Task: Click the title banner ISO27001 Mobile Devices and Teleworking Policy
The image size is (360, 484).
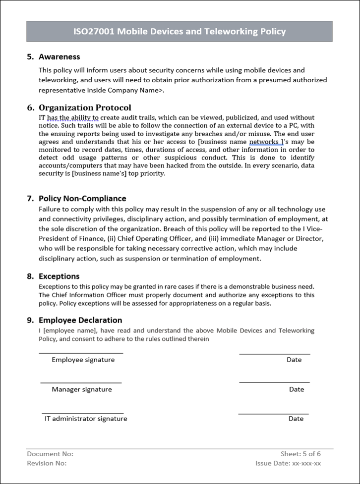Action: point(180,32)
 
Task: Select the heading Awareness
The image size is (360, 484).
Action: point(59,56)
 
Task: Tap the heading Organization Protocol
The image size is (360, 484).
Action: point(85,108)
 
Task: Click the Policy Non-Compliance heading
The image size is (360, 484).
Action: point(82,198)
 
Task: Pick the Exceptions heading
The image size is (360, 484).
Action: point(59,276)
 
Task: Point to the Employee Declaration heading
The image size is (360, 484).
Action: point(80,320)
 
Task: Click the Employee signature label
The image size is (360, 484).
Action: point(83,360)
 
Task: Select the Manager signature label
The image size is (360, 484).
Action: point(82,389)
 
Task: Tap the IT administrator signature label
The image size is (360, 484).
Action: point(86,419)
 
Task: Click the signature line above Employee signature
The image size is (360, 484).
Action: point(81,353)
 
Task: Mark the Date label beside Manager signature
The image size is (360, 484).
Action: point(297,389)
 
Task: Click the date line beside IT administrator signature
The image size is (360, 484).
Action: point(273,414)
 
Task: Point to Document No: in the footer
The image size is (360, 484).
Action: point(50,454)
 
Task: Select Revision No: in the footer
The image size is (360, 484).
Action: point(47,463)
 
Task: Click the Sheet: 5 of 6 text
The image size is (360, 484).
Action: point(300,454)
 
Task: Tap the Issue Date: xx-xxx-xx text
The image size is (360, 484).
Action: point(288,463)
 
